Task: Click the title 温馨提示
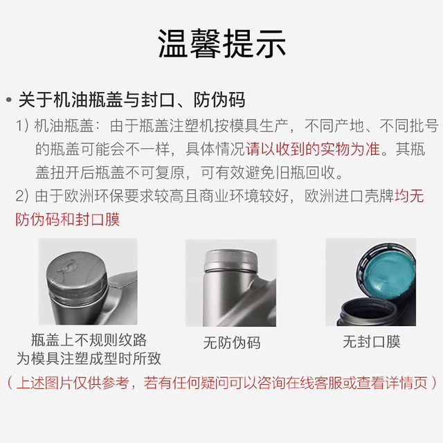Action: (221, 44)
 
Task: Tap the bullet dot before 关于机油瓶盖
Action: (9, 100)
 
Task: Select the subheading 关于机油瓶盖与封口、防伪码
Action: (132, 100)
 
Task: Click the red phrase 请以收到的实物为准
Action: (313, 149)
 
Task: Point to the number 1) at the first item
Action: (22, 125)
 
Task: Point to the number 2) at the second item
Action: (22, 195)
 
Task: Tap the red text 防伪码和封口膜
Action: (68, 219)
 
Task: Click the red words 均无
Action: (409, 195)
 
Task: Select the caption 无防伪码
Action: (232, 343)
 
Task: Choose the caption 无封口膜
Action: (372, 341)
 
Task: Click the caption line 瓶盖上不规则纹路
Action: (89, 340)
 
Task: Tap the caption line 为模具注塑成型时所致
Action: (89, 359)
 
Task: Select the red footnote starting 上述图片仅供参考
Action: (221, 383)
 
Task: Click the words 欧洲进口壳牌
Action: (349, 195)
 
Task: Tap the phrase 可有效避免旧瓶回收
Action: (272, 172)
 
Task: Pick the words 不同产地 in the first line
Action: (334, 125)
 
